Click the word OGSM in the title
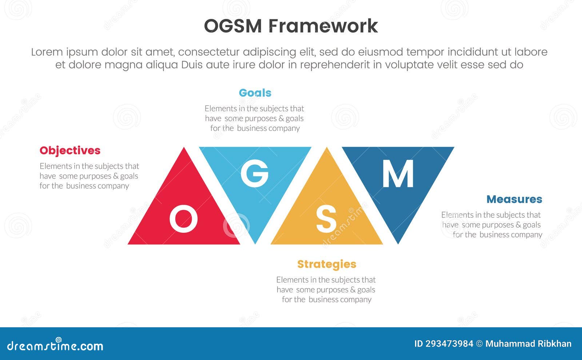[232, 26]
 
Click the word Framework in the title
[323, 26]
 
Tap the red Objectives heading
[70, 151]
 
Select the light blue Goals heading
[255, 93]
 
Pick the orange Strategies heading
[327, 264]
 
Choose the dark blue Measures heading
[514, 199]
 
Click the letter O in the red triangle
[183, 219]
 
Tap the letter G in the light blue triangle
[255, 173]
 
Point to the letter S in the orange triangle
[326, 219]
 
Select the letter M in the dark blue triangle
[398, 173]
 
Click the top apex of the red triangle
[184, 149]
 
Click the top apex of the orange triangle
[327, 149]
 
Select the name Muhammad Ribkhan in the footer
[528, 344]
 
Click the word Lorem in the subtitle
[47, 52]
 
